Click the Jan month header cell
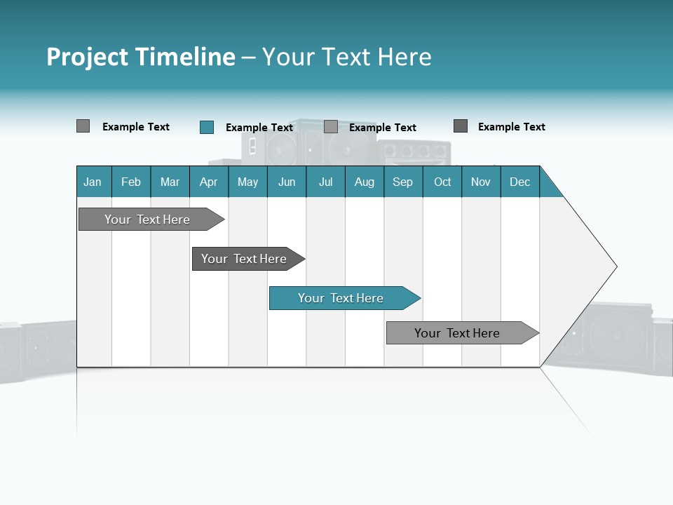93,182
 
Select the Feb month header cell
131,182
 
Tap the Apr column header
209,182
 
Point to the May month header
247,182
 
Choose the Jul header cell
325,182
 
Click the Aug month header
365,182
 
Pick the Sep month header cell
403,182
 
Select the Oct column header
442,182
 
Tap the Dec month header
520,182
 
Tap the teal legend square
207,127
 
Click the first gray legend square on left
83,126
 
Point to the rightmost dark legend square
461,126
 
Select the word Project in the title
88,57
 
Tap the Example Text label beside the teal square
259,128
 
